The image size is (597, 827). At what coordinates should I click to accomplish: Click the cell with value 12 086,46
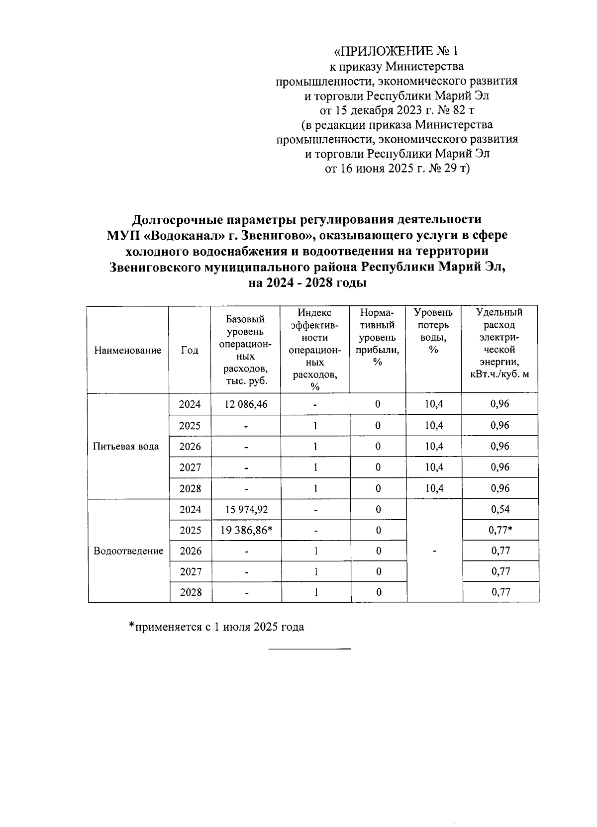(246, 404)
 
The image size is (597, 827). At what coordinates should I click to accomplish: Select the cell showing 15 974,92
(246, 509)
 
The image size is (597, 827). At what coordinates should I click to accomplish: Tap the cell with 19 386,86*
(246, 530)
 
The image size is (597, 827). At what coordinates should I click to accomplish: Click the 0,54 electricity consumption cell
(500, 509)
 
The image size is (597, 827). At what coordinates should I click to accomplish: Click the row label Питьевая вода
(126, 446)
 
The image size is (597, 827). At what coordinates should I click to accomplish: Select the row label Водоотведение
(128, 551)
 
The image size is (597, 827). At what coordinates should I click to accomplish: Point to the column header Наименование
(127, 350)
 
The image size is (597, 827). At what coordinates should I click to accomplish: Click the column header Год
(190, 350)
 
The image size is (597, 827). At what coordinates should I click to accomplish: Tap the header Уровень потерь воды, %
(433, 331)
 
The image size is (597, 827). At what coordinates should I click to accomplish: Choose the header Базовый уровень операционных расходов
(245, 350)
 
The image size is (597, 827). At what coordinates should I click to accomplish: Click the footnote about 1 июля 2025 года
(217, 627)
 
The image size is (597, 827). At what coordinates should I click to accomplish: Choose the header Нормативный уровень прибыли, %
(378, 337)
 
